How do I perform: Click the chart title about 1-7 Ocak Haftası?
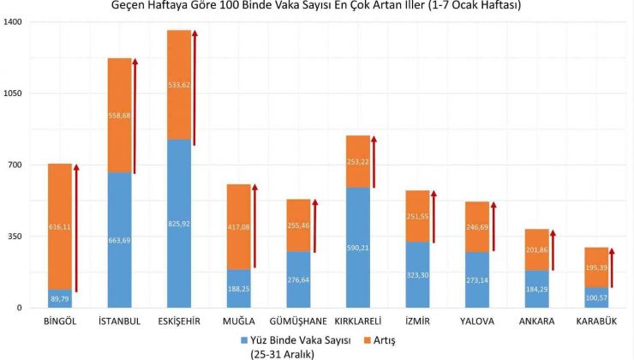[316, 6]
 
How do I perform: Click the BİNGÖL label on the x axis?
[59, 321]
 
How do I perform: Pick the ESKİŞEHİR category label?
[179, 321]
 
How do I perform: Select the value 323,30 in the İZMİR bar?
[417, 275]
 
